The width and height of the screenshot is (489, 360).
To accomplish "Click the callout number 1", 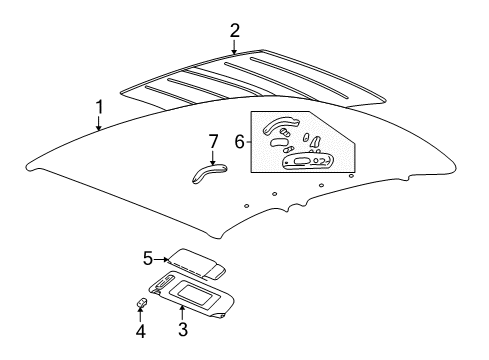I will (x=99, y=106).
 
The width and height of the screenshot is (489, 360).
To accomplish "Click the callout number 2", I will (x=235, y=30).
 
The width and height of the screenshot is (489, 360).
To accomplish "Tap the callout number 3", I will (x=182, y=328).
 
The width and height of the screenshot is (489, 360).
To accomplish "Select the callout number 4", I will (x=141, y=330).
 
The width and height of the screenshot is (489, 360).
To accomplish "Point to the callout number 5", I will (x=148, y=258).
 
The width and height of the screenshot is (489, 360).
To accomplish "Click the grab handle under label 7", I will (x=207, y=172).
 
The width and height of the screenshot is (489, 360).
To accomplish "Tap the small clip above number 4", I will (x=143, y=302).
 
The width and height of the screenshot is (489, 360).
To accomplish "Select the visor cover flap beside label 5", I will (x=195, y=264).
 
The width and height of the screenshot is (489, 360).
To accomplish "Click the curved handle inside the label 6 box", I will (x=280, y=126).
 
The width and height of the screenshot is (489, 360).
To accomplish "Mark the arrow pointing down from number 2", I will (x=235, y=46).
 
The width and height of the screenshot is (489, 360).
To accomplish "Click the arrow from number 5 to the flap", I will (x=163, y=260).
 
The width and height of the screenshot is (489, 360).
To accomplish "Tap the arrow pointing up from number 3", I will (x=182, y=312).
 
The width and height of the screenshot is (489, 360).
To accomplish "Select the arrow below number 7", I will (x=212, y=156).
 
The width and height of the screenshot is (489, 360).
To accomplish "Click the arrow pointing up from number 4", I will (x=141, y=315).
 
